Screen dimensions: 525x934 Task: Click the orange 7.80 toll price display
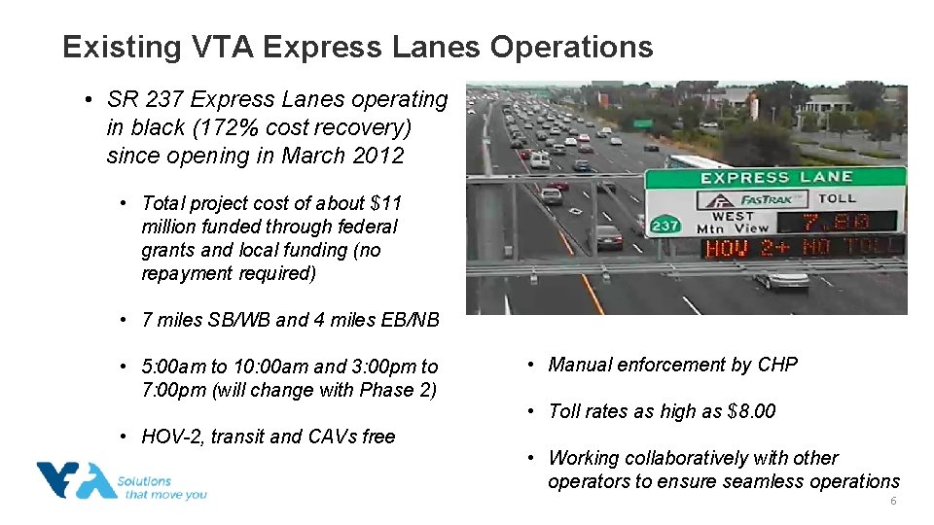coord(837,222)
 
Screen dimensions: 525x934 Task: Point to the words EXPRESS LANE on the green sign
coord(776,177)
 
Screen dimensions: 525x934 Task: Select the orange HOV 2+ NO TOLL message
coord(803,247)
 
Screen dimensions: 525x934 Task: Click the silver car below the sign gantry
coord(781,279)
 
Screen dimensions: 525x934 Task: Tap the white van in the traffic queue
coord(539,159)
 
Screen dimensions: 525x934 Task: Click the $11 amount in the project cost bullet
coord(385,203)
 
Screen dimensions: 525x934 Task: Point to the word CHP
coord(777,365)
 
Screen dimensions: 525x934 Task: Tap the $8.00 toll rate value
coord(751,411)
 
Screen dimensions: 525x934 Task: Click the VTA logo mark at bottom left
coord(76,481)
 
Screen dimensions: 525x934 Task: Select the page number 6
coord(892,501)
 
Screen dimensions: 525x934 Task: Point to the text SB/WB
coord(234,320)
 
